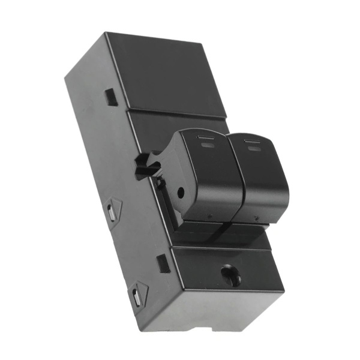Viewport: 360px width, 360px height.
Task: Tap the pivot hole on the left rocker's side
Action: pos(181,193)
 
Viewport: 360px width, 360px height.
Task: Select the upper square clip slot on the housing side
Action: pos(111,97)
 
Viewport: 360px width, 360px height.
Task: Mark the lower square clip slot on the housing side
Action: pos(163,263)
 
